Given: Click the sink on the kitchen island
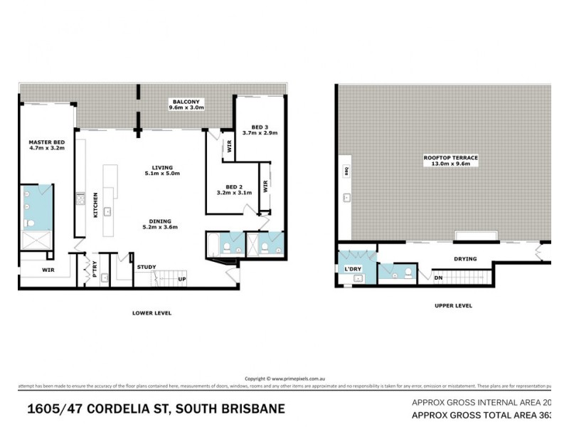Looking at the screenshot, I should pos(107,211).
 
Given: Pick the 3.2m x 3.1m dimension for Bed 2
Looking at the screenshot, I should pos(234,193).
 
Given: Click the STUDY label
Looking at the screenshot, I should pos(147,267).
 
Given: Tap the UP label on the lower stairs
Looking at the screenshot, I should pos(182,279).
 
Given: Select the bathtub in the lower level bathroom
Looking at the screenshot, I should pos(212,246).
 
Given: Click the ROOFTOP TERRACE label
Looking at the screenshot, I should pos(450,156).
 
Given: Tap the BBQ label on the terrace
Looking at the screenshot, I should pos(346,171).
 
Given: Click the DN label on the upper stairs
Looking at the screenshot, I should pos(438,278).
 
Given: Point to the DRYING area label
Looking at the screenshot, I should pos(466,259).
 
